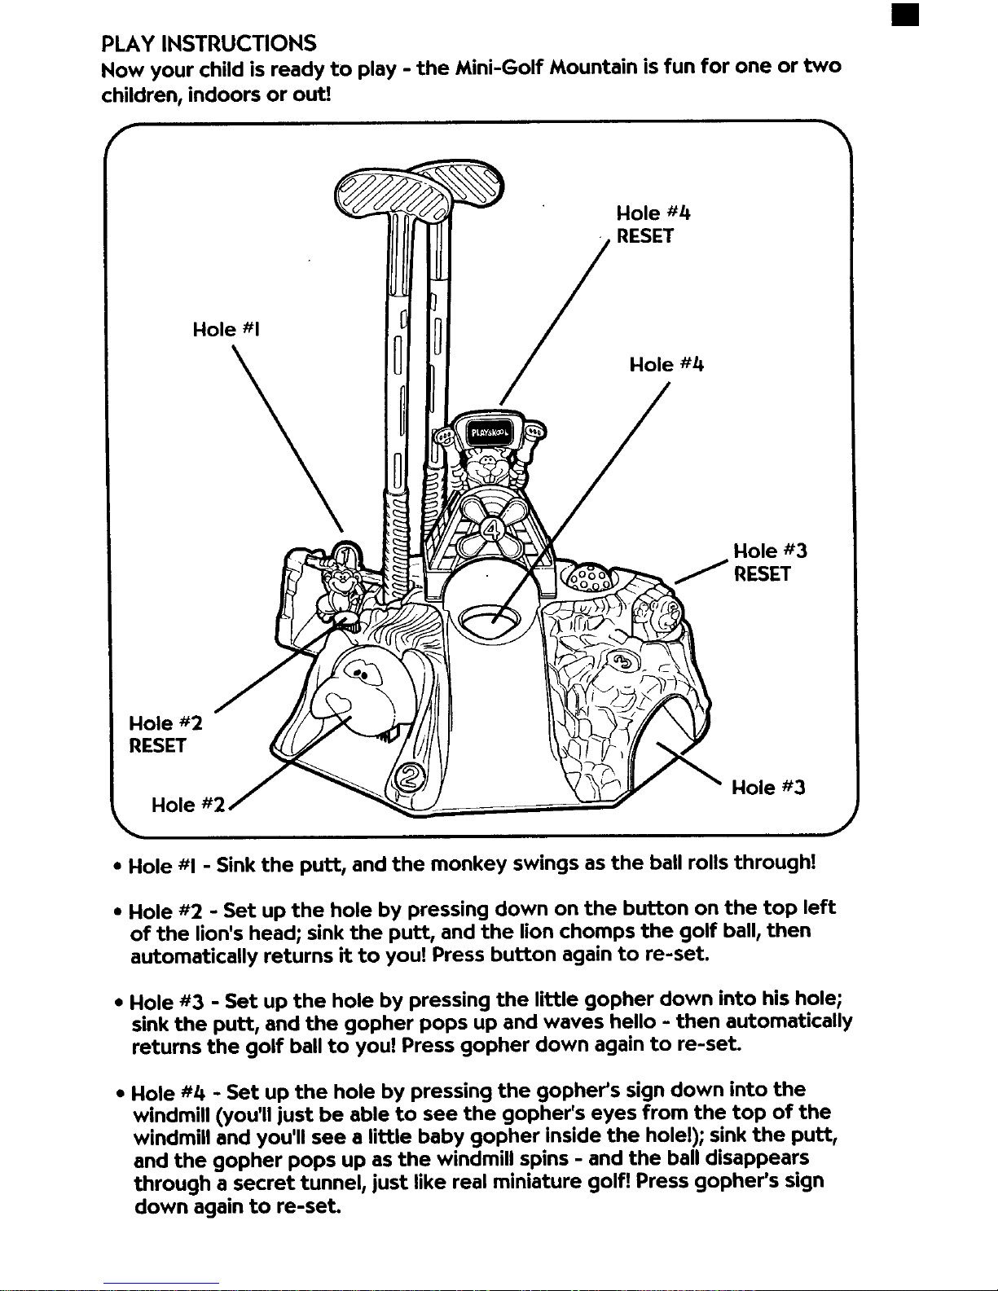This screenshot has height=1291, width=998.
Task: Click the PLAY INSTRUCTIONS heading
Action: pyautogui.click(x=209, y=43)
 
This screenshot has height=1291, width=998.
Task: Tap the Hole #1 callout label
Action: pyautogui.click(x=226, y=329)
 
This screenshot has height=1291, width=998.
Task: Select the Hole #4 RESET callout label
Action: pyautogui.click(x=653, y=224)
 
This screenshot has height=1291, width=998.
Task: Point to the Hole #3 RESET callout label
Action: pyautogui.click(x=770, y=562)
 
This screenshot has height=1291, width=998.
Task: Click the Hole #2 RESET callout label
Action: pyautogui.click(x=165, y=735)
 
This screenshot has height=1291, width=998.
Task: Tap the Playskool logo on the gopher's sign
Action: pyautogui.click(x=489, y=433)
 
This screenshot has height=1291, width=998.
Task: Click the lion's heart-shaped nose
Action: pyautogui.click(x=337, y=704)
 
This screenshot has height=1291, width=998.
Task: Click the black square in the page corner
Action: pyautogui.click(x=905, y=15)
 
